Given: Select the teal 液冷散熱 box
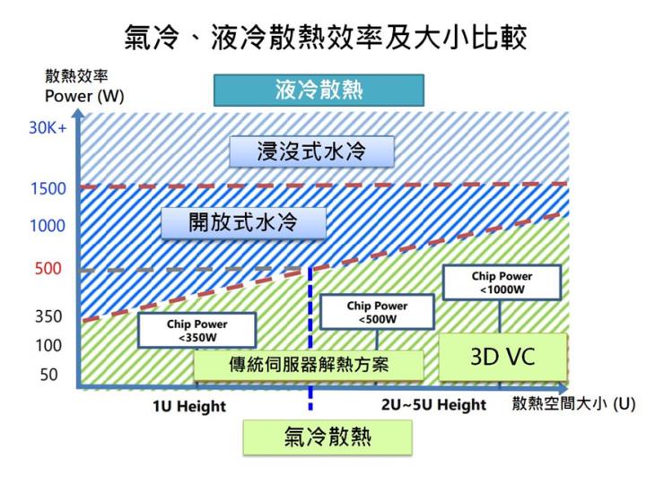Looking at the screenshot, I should pyautogui.click(x=319, y=91).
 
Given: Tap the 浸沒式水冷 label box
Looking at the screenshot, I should pyautogui.click(x=311, y=151).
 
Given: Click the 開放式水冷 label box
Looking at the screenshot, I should pyautogui.click(x=243, y=222).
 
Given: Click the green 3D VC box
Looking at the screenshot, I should pyautogui.click(x=502, y=357).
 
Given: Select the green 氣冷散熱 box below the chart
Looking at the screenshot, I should pyautogui.click(x=327, y=436).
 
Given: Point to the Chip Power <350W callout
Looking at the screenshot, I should pyautogui.click(x=196, y=330).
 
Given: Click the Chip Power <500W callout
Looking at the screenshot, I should pyautogui.click(x=377, y=313).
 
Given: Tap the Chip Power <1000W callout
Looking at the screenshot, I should pyautogui.click(x=502, y=282).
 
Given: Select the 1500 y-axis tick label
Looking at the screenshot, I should pyautogui.click(x=48, y=189).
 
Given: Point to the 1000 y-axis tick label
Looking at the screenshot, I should pyautogui.click(x=48, y=226).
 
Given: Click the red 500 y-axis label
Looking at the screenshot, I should pyautogui.click(x=48, y=269).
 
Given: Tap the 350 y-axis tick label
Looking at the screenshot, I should pyautogui.click(x=48, y=316).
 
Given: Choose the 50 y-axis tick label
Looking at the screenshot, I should pyautogui.click(x=48, y=375).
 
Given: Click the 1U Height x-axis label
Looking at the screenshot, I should pyautogui.click(x=188, y=406).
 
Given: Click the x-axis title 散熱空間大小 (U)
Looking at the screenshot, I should pyautogui.click(x=573, y=404).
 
